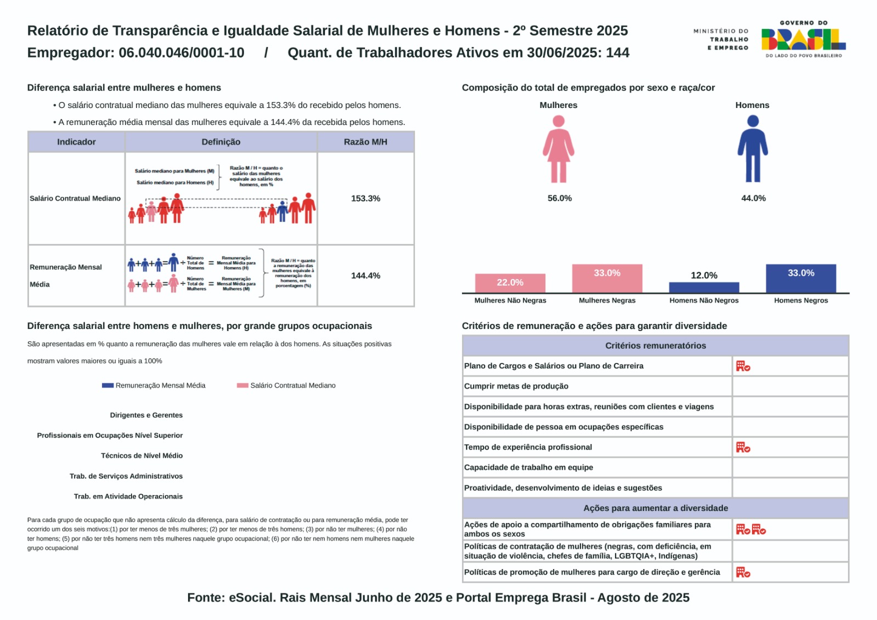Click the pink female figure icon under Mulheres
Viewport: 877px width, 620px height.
[559, 149]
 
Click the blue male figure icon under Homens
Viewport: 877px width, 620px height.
[753, 149]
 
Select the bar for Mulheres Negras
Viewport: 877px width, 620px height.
[607, 278]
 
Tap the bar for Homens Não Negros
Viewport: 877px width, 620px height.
[704, 287]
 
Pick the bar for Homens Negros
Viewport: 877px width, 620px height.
[801, 278]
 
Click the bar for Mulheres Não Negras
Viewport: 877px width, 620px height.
[510, 283]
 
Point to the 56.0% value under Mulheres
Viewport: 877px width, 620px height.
[560, 198]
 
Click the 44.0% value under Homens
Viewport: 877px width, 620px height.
[753, 198]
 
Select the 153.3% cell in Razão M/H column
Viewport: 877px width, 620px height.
[366, 198]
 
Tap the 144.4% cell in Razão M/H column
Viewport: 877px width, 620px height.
[366, 276]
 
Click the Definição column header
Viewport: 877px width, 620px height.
[221, 142]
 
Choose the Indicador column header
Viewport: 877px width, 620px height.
[76, 142]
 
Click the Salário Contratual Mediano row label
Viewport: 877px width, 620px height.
[75, 198]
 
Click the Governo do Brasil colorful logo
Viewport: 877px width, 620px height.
[803, 39]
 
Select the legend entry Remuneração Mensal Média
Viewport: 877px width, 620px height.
[154, 385]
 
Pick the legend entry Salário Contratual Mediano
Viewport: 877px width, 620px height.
[287, 385]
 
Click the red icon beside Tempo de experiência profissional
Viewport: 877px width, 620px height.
[743, 447]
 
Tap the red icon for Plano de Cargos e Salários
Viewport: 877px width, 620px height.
[743, 366]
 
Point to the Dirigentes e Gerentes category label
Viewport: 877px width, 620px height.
[146, 415]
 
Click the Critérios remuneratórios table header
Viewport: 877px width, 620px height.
[656, 345]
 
